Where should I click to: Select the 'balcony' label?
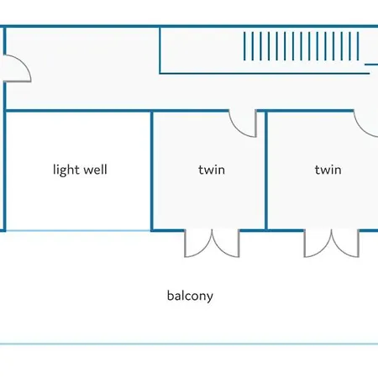tap(190, 296)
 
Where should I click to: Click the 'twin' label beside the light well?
tap(212, 170)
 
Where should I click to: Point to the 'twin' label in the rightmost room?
tap(328, 170)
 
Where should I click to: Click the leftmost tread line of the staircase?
tap(244, 46)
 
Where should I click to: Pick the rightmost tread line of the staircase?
tap(358, 46)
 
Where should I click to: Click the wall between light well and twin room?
tap(152, 171)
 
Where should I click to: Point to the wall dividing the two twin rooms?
tap(266, 171)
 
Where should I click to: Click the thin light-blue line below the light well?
tap(78, 231)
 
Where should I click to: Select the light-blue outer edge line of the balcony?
tap(189, 344)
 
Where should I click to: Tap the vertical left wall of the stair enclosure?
tap(160, 50)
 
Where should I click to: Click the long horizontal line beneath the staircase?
tap(265, 73)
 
